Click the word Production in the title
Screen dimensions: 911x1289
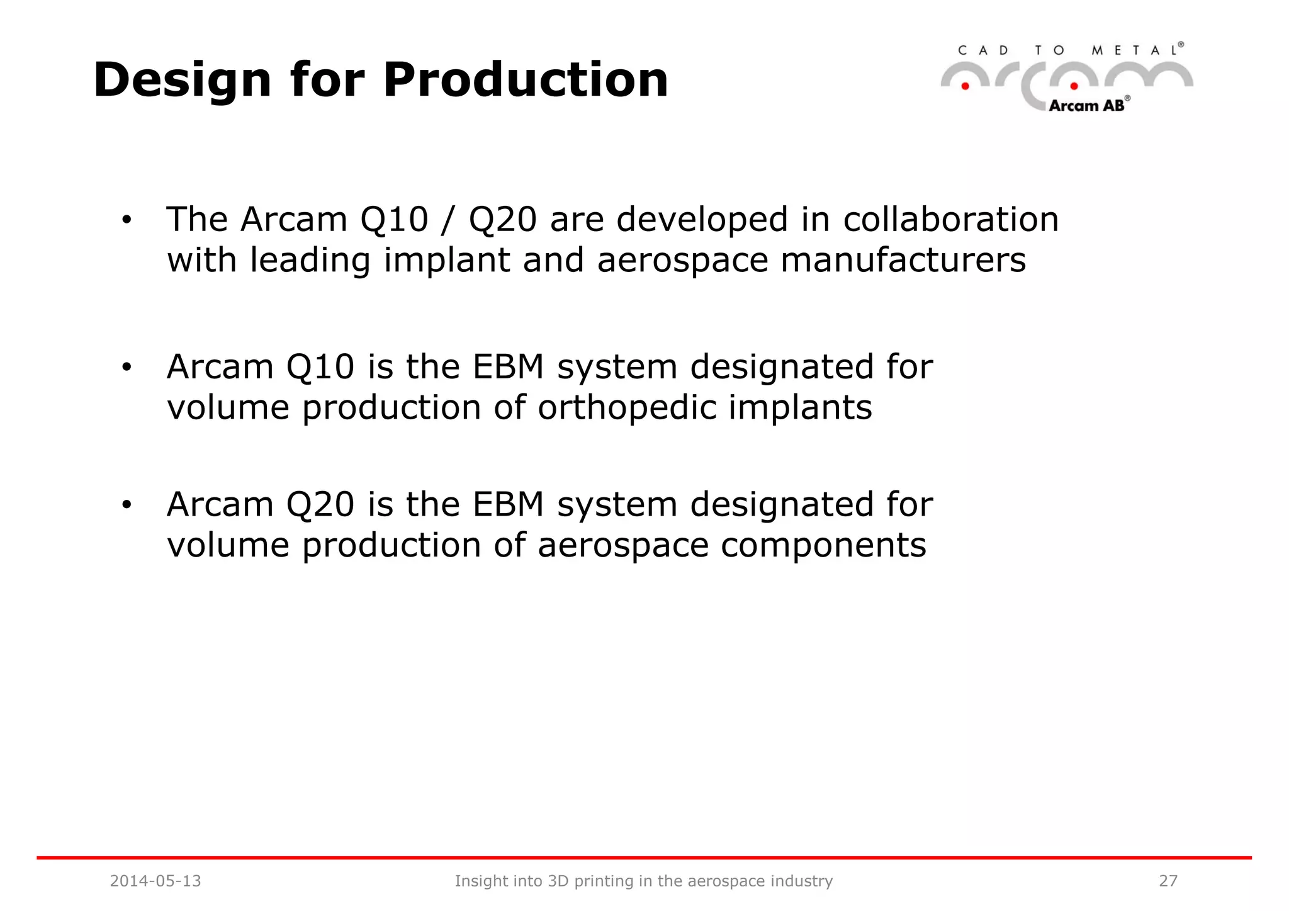click(x=526, y=80)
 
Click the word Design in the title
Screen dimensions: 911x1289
click(x=182, y=80)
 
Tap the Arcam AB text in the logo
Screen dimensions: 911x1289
click(x=1086, y=106)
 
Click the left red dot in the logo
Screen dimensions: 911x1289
click(x=965, y=86)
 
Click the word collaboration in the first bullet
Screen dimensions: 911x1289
click(x=950, y=220)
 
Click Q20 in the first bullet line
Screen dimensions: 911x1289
click(x=503, y=220)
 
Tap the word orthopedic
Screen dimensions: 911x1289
click(x=627, y=407)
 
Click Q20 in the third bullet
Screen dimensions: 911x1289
click(x=320, y=504)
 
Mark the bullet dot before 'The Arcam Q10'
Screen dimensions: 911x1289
click(x=127, y=220)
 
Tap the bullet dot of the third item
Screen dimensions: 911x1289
click(x=127, y=505)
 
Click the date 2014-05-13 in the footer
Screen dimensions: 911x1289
click(x=155, y=881)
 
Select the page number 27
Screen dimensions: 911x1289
click(x=1168, y=881)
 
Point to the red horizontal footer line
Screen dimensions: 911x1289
click(x=644, y=857)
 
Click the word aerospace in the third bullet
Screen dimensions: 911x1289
click(x=623, y=545)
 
